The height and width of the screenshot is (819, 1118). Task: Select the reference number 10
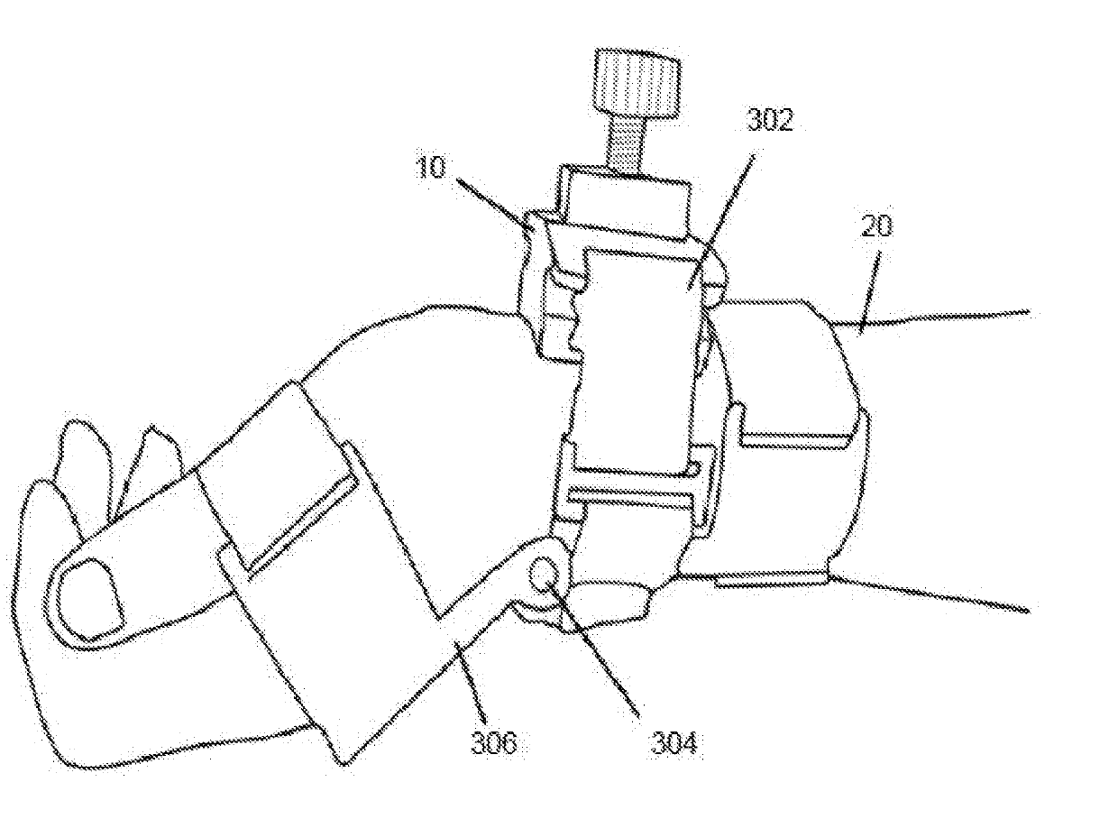coord(432,169)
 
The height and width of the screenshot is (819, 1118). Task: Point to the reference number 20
coord(875,225)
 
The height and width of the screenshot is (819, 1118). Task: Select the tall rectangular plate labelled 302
coord(636,361)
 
